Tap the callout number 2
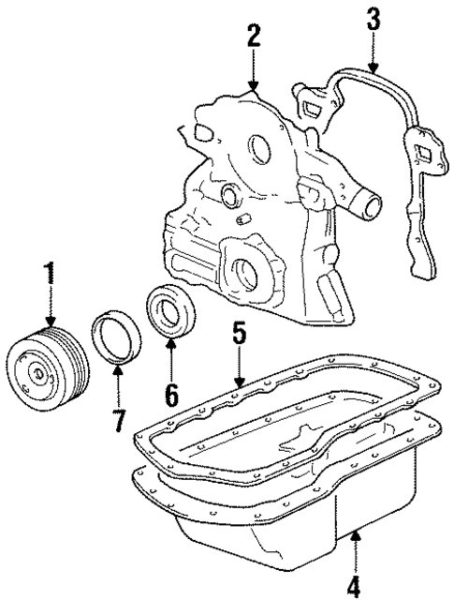pos(252,37)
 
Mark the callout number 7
pos(118,420)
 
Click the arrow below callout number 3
pos(372,52)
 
